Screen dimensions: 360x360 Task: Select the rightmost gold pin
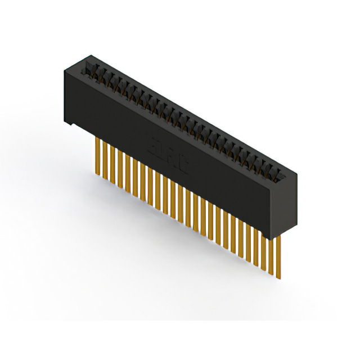point(278,256)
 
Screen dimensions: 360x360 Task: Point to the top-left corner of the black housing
point(64,69)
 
